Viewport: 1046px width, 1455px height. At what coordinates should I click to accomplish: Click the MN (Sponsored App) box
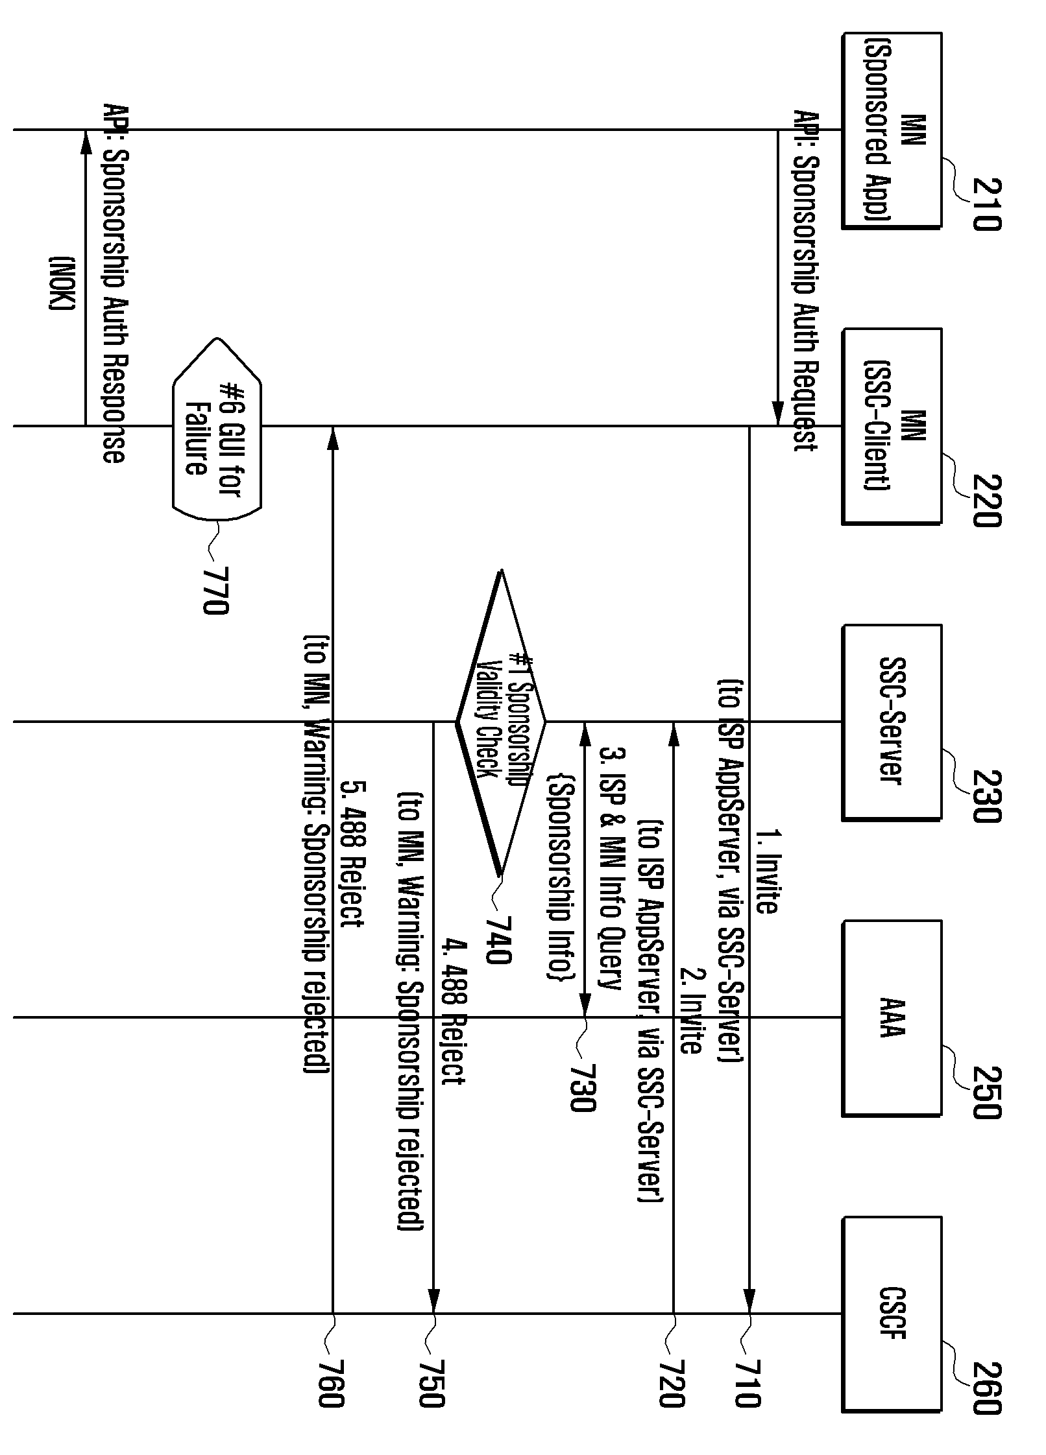tap(892, 130)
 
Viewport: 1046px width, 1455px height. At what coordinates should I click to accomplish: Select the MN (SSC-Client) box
tap(892, 426)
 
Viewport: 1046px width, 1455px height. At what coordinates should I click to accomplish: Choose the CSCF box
tap(892, 1314)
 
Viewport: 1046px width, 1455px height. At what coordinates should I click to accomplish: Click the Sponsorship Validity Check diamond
tap(501, 722)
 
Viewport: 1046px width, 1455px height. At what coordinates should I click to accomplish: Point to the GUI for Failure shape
tap(217, 427)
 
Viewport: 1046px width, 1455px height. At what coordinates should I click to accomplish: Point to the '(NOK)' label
tap(62, 283)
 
